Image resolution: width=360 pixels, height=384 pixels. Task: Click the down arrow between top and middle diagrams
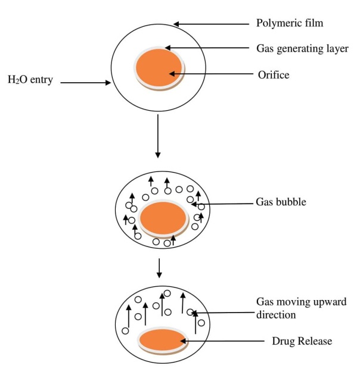[x=157, y=136]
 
